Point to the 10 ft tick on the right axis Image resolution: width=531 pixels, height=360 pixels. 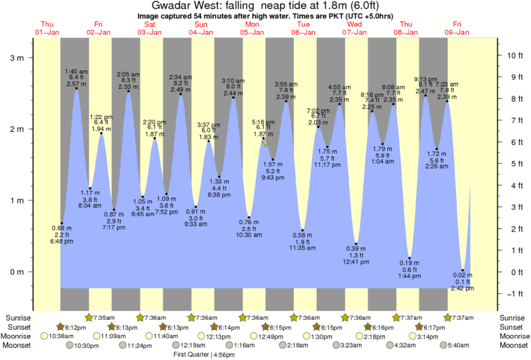(512, 55)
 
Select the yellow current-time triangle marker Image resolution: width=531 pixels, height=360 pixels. (265, 143)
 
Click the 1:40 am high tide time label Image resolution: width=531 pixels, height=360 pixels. (76, 71)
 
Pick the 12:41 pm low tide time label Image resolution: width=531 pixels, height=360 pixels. (356, 262)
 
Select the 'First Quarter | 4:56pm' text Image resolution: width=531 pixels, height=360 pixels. (200, 354)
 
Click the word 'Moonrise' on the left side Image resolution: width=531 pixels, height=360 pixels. (18, 336)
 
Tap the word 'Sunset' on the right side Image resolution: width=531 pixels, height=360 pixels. (514, 327)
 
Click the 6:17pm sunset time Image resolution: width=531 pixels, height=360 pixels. (434, 327)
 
